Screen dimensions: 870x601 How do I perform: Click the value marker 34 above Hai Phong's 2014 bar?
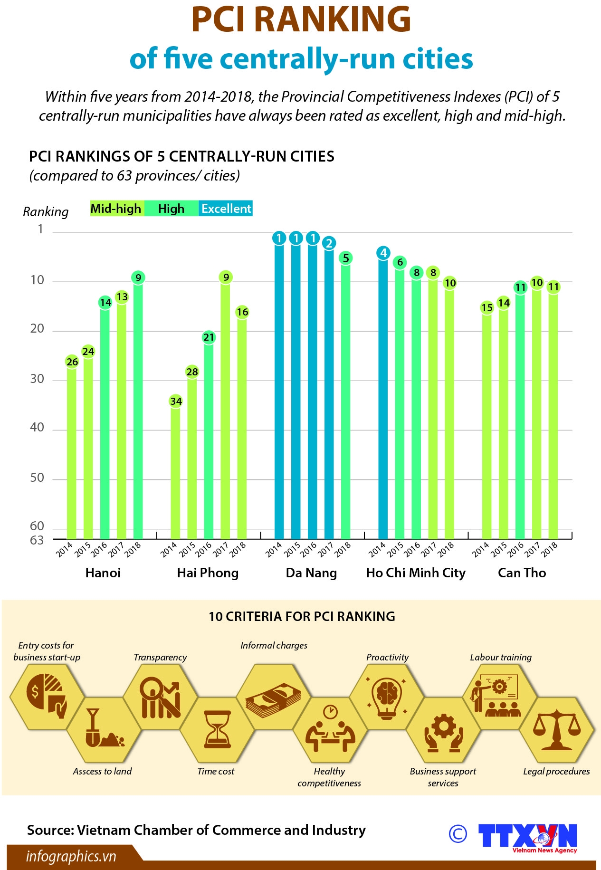point(176,402)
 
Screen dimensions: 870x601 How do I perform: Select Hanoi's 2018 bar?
point(138,409)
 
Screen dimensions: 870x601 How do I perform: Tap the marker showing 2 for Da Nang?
point(329,243)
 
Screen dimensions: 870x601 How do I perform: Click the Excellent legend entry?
point(226,209)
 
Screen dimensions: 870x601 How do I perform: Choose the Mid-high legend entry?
point(116,209)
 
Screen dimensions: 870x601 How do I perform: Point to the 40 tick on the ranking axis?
point(37,428)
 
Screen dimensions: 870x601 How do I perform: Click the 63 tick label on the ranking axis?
point(37,540)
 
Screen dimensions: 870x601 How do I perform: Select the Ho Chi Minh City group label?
point(416,573)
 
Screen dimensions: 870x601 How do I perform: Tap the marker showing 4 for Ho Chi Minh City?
point(383,253)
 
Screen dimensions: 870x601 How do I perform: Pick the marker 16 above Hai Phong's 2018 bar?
point(242,312)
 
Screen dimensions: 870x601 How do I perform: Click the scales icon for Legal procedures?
point(556,730)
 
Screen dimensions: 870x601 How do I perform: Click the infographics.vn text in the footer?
point(71,856)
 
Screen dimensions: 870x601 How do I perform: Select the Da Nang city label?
point(312,573)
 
